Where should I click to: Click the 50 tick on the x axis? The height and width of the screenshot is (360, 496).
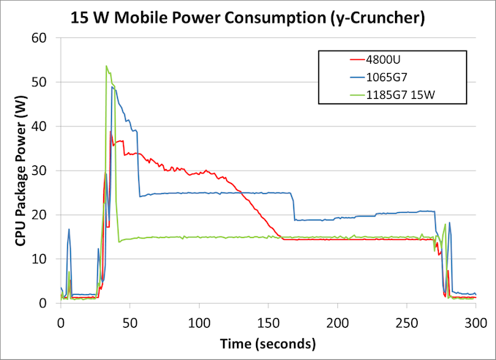(129, 322)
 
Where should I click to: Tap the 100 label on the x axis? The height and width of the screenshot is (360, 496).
(199, 322)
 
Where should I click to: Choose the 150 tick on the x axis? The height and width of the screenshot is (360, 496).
(268, 322)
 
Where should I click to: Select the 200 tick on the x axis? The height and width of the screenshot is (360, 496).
(337, 322)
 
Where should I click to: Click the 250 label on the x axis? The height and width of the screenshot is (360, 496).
(406, 322)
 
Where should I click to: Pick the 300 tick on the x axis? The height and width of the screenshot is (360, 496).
(475, 322)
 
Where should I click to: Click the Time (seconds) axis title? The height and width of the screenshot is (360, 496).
(268, 343)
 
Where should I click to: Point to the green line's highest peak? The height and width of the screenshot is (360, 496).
(107, 66)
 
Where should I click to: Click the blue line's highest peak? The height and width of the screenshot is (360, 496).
(113, 87)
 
